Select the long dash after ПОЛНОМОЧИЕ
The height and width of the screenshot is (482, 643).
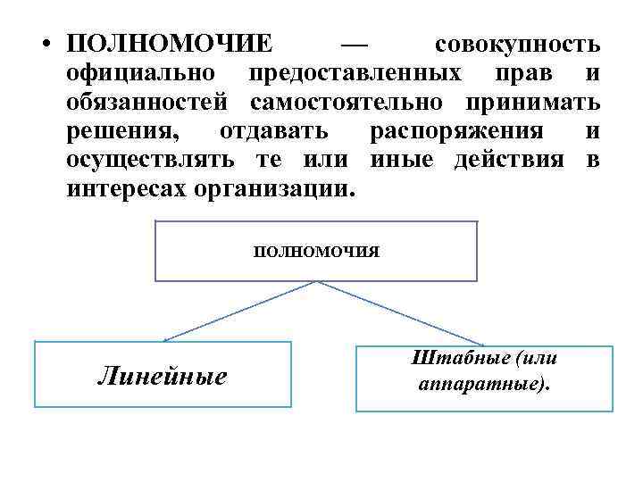tap(355, 44)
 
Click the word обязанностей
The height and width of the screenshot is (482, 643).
tap(152, 103)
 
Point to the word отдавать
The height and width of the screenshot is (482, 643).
tap(273, 132)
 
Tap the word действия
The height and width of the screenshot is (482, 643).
tap(510, 161)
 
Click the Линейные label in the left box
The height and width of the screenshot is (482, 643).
tap(162, 377)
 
